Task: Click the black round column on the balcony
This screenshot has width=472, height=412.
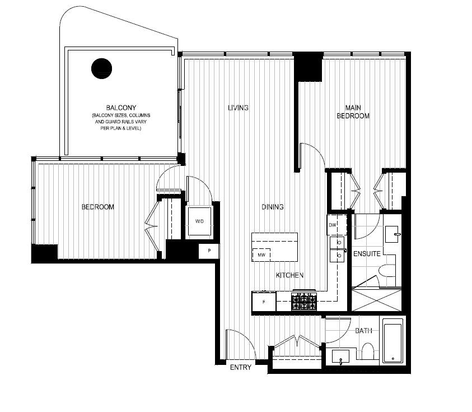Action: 101,68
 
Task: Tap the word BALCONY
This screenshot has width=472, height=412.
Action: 121,107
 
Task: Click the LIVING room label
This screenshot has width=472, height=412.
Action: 238,108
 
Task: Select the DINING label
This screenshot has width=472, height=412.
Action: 272,207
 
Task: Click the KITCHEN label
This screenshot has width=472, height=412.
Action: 289,275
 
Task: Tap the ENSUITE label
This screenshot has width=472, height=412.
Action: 367,254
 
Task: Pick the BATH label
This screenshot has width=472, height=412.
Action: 363,331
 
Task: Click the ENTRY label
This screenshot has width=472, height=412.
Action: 241,368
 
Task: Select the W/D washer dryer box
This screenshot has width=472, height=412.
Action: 199,222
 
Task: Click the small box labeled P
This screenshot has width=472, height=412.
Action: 209,251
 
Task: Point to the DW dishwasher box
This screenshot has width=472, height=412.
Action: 332,225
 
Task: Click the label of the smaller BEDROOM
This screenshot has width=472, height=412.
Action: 97,207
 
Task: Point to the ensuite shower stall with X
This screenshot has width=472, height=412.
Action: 377,299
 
